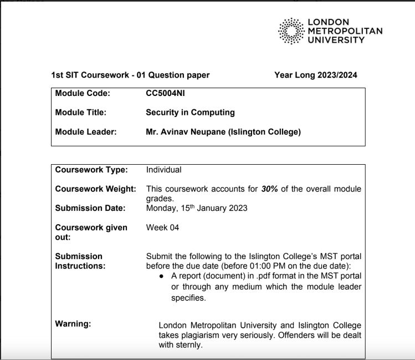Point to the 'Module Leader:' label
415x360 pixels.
[x=85, y=132]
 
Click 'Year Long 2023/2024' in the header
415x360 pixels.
[x=316, y=75]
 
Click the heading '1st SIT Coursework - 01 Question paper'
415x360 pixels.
[x=130, y=75]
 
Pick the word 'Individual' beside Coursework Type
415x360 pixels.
[x=164, y=170]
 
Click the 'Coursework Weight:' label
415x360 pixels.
[x=96, y=189]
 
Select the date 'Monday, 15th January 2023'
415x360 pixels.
[x=197, y=208]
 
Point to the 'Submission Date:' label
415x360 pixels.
[x=90, y=208]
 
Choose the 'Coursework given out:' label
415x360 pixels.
[x=91, y=232]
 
